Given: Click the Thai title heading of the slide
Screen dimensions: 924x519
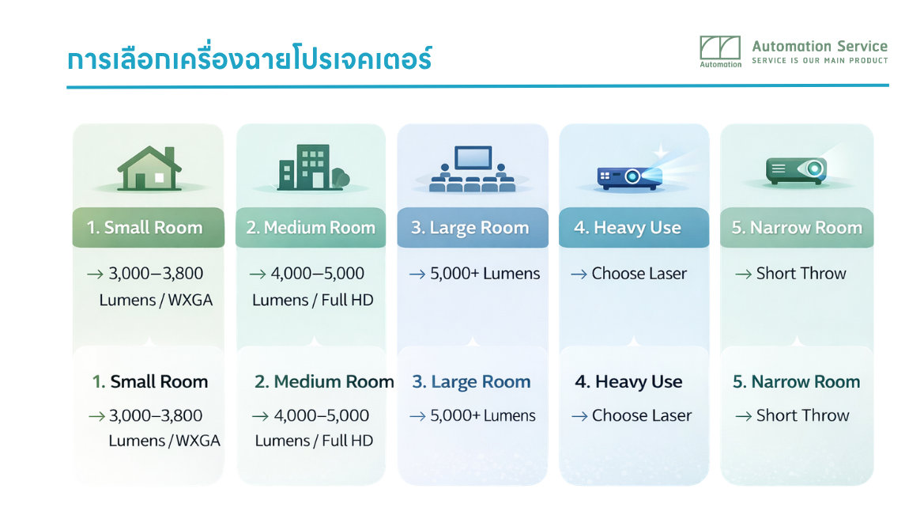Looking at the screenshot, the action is (x=249, y=59).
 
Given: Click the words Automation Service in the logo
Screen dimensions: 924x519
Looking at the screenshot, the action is (x=820, y=47).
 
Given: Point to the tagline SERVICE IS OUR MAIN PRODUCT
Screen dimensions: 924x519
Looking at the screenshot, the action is (x=820, y=61).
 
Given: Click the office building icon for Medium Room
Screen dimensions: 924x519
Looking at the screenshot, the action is (x=314, y=167).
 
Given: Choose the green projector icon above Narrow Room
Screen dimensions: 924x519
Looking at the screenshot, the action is (x=796, y=171).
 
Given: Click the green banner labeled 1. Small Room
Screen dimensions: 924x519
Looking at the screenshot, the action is (x=149, y=228).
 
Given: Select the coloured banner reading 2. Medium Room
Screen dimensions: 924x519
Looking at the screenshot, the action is (x=311, y=228).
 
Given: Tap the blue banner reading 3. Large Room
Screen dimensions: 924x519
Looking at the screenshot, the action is (x=473, y=228).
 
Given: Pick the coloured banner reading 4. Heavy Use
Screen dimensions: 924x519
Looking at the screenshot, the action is (x=634, y=228).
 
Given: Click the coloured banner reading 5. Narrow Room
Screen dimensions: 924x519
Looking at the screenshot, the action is (x=797, y=228).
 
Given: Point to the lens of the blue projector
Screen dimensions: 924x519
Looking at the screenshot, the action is (x=632, y=176).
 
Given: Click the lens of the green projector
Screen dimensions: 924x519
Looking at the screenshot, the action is (x=814, y=169).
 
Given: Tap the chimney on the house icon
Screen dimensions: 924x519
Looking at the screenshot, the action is (x=170, y=154).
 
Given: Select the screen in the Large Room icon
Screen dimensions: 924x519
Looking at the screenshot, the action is (x=473, y=157).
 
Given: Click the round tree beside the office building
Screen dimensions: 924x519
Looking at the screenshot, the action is (x=341, y=177).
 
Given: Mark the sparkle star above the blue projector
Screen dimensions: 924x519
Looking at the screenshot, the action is (x=661, y=151).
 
